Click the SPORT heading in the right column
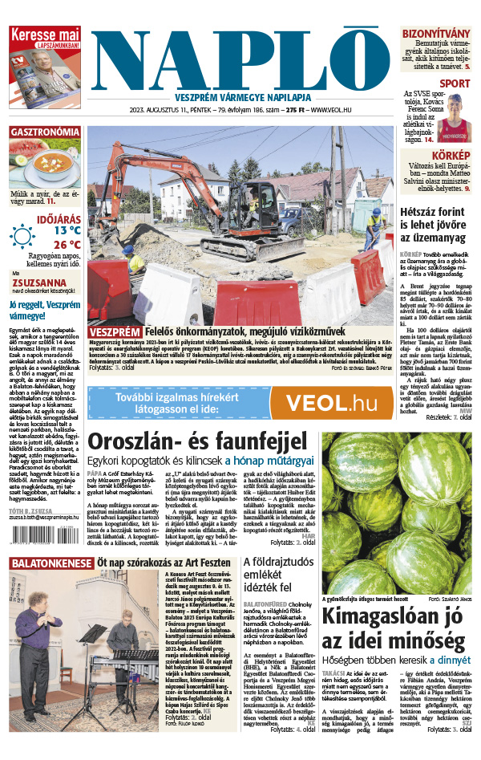click(455, 83)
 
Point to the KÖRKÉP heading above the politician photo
click(454, 155)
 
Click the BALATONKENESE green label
click(50, 564)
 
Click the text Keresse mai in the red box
click(44, 35)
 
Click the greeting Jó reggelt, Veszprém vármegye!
click(43, 311)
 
